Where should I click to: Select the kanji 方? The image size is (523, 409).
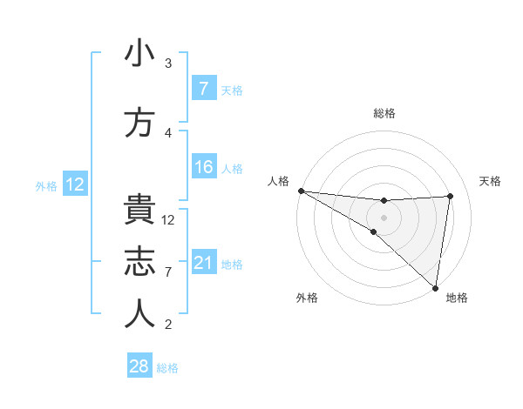[139, 122]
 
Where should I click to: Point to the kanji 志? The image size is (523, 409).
[139, 262]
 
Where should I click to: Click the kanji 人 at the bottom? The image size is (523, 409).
[139, 314]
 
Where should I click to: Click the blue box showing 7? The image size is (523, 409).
[203, 89]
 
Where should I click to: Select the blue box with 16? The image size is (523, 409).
[203, 167]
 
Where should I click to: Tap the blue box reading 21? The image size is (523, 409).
[203, 263]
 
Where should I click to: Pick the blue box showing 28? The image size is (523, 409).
[139, 366]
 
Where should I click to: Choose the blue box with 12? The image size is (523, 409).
[75, 184]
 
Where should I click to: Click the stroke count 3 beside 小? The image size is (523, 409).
[168, 64]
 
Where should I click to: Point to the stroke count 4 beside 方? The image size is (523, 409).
[168, 133]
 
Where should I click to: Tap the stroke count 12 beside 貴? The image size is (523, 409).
[169, 220]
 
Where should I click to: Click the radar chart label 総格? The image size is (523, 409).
[384, 113]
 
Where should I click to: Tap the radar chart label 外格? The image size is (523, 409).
[308, 298]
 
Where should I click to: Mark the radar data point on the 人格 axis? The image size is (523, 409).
[301, 190]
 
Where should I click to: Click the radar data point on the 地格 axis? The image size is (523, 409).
[434, 287]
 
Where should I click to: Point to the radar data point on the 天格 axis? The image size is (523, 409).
[451, 196]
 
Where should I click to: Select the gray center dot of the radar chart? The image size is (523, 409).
[384, 216]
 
